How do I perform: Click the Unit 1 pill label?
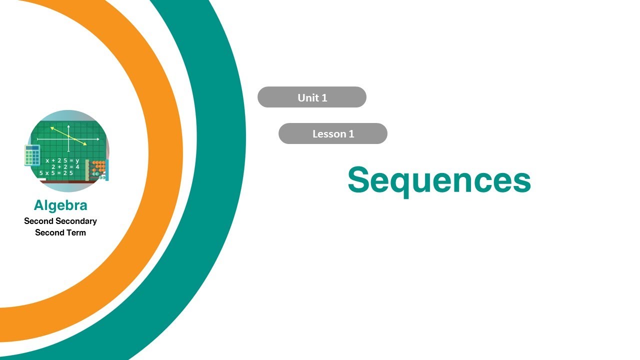click(312, 97)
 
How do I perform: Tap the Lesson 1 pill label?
click(333, 134)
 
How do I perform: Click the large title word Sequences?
click(439, 180)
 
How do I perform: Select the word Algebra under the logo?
click(60, 205)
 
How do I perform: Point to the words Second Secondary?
click(60, 221)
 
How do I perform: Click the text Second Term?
click(60, 232)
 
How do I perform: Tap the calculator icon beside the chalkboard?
click(32, 155)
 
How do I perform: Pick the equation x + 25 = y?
click(62, 160)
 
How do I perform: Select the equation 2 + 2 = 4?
click(65, 167)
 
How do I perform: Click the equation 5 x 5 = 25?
click(56, 173)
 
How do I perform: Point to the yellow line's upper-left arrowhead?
click(51, 128)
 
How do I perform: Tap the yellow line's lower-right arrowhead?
click(85, 144)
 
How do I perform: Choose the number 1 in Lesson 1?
click(351, 134)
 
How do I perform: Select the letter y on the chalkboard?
click(77, 161)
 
